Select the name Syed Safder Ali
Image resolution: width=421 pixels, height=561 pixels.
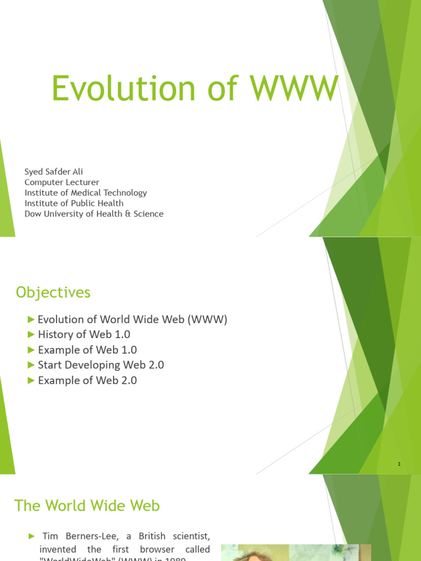tap(54, 171)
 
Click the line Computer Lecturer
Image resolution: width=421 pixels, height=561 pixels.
tap(62, 182)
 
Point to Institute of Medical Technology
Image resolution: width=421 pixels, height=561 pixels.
tap(86, 192)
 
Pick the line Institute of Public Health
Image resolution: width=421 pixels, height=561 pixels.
tap(74, 203)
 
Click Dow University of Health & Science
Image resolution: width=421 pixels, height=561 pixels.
tap(94, 214)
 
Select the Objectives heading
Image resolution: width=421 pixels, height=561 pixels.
tap(53, 293)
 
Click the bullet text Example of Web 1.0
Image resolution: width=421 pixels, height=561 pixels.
tap(87, 350)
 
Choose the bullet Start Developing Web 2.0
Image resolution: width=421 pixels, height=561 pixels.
tap(101, 365)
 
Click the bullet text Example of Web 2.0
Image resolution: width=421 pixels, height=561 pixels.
tap(87, 380)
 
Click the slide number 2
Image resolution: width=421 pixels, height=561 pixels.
tap(399, 464)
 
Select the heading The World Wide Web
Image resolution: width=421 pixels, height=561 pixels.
tap(87, 505)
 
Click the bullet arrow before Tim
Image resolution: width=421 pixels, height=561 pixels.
tap(31, 536)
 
